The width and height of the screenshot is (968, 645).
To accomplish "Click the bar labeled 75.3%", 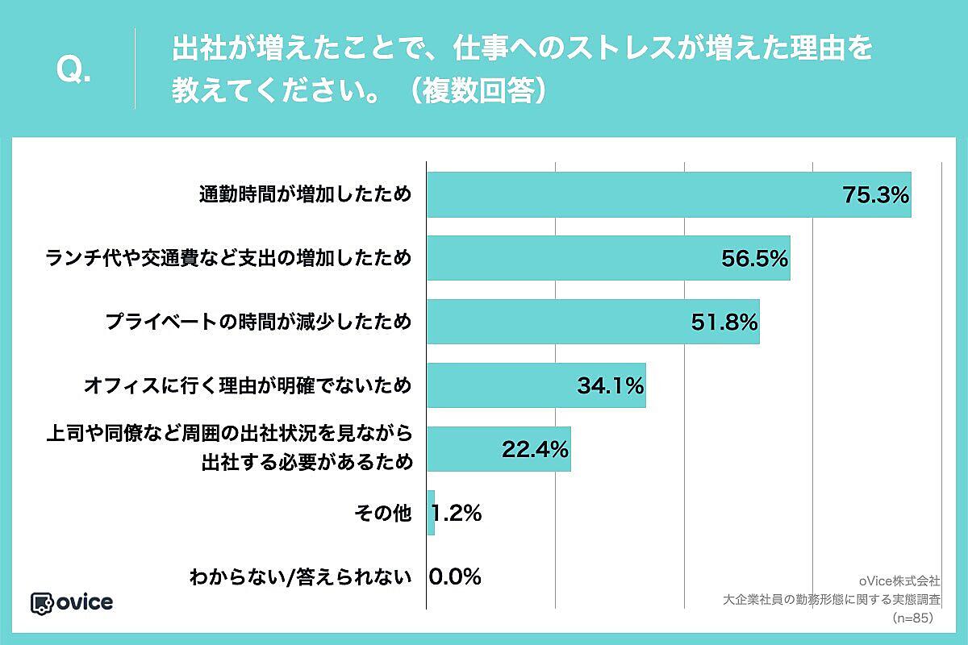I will pyautogui.click(x=668, y=195).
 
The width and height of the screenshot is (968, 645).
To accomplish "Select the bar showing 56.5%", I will pyautogui.click(x=607, y=258).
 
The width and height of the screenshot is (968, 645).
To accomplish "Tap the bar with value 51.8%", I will pyautogui.click(x=592, y=322).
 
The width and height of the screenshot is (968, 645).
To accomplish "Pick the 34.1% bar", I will pyautogui.click(x=536, y=385).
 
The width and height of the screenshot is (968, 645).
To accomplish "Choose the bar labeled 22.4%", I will pyautogui.click(x=498, y=449).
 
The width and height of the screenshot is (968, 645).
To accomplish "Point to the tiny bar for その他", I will pyautogui.click(x=431, y=513).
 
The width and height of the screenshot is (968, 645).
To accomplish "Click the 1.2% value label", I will pyautogui.click(x=457, y=513).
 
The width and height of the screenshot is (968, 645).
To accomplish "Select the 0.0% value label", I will pyautogui.click(x=456, y=576).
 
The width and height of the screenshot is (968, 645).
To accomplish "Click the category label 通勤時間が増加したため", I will pyautogui.click(x=305, y=195).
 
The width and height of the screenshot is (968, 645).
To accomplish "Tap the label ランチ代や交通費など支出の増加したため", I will pyautogui.click(x=228, y=258).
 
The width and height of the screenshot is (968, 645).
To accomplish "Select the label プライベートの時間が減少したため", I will pyautogui.click(x=258, y=322).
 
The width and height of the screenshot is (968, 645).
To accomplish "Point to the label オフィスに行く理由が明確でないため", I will pyautogui.click(x=248, y=385).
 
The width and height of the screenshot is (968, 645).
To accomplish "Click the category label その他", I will pyautogui.click(x=384, y=513).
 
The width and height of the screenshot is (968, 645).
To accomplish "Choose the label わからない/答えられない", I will pyautogui.click(x=300, y=576).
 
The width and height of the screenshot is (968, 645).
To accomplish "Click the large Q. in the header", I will pyautogui.click(x=73, y=71).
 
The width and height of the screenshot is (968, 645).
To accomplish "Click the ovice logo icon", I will pyautogui.click(x=41, y=603).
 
